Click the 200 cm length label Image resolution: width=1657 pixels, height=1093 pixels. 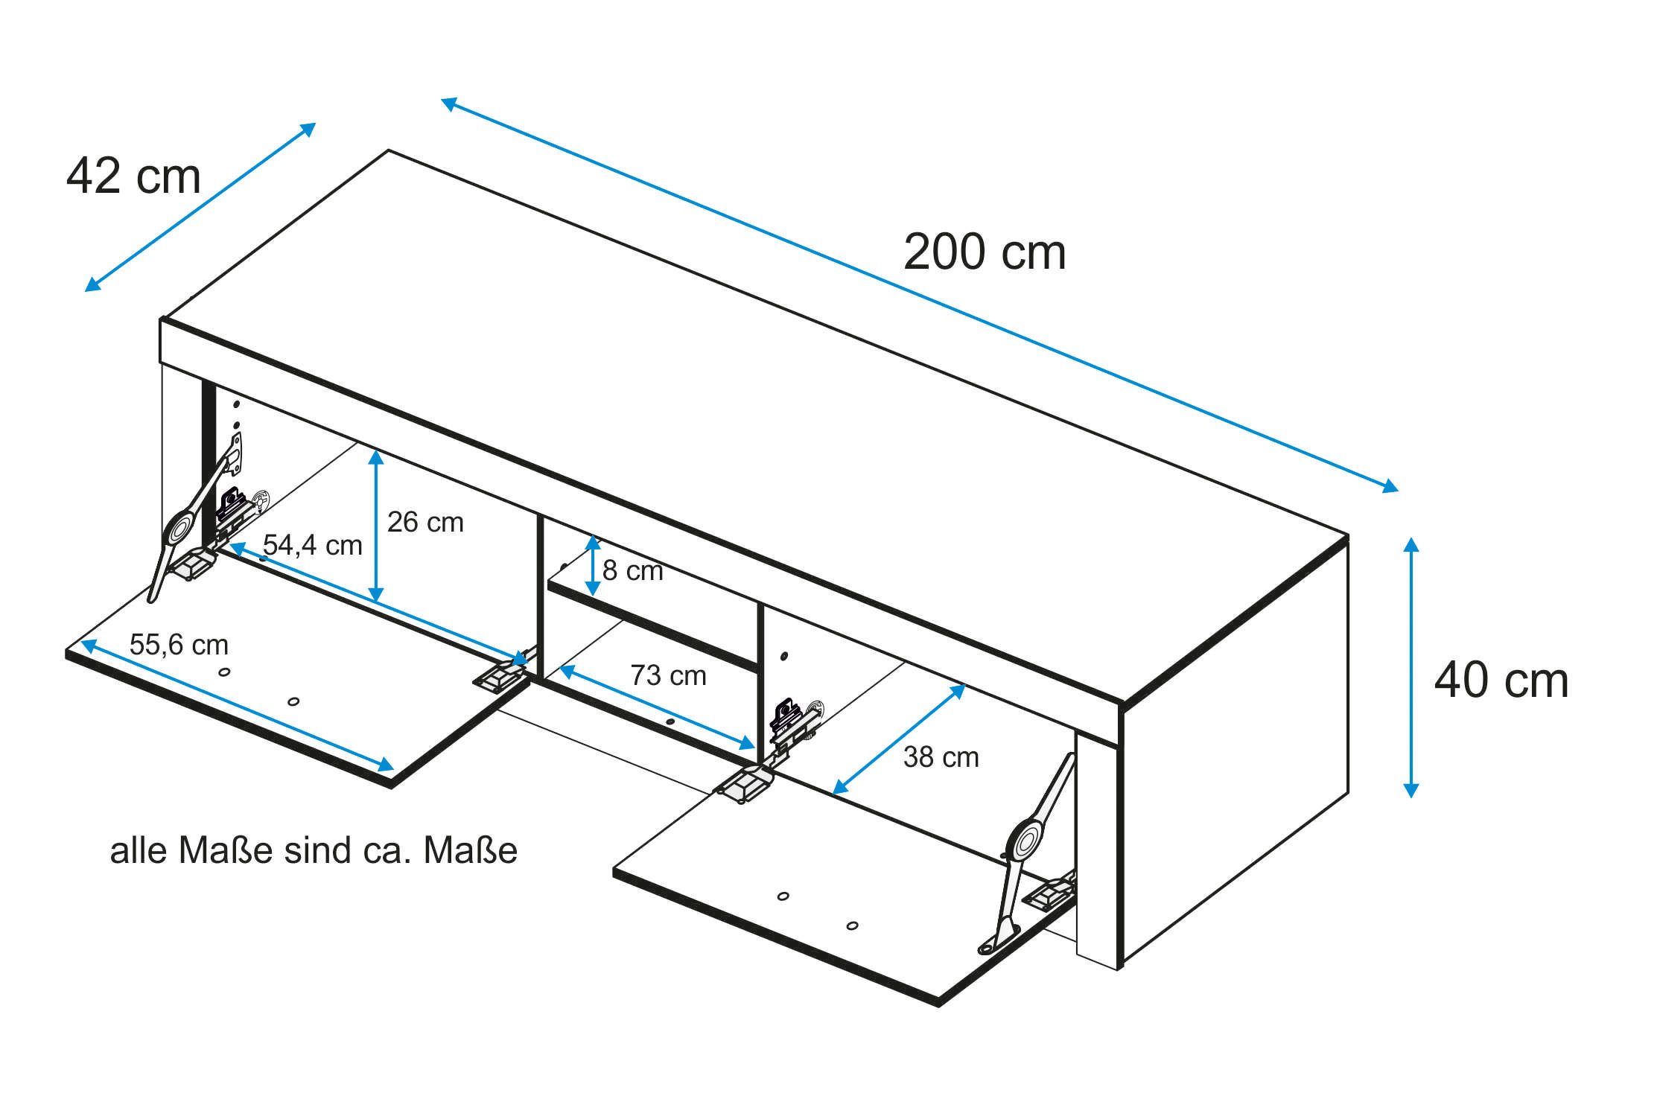tap(984, 252)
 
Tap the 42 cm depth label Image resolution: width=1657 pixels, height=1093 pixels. tap(133, 177)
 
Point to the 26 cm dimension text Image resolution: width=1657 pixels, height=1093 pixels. tap(425, 523)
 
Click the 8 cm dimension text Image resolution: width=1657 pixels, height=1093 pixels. tap(632, 571)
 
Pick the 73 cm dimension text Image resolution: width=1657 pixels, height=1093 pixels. tap(668, 675)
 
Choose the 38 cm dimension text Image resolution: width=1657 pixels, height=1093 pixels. tap(941, 757)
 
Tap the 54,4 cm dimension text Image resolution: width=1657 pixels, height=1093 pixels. tap(312, 546)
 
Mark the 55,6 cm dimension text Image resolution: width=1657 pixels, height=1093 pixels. tap(179, 645)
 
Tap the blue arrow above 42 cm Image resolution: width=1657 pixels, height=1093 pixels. tap(200, 207)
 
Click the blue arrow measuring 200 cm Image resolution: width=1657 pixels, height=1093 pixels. tap(920, 295)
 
